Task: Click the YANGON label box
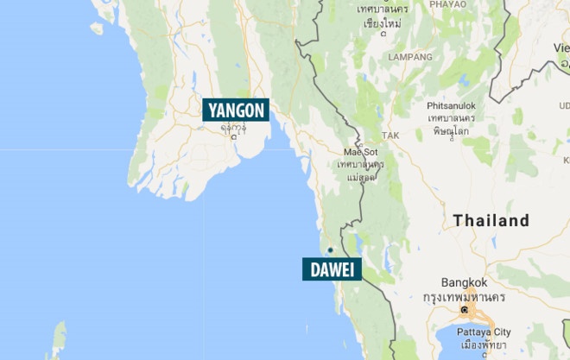pyautogui.click(x=236, y=110)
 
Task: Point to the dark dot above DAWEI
pyautogui.click(x=329, y=251)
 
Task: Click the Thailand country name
pyautogui.click(x=491, y=221)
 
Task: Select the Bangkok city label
pyautogui.click(x=464, y=282)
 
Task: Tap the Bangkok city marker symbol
pyautogui.click(x=465, y=308)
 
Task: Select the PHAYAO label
pyautogui.click(x=446, y=4)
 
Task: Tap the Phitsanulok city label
pyautogui.click(x=451, y=106)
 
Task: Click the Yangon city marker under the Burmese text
pyautogui.click(x=233, y=136)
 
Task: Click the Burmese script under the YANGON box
pyautogui.click(x=232, y=127)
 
